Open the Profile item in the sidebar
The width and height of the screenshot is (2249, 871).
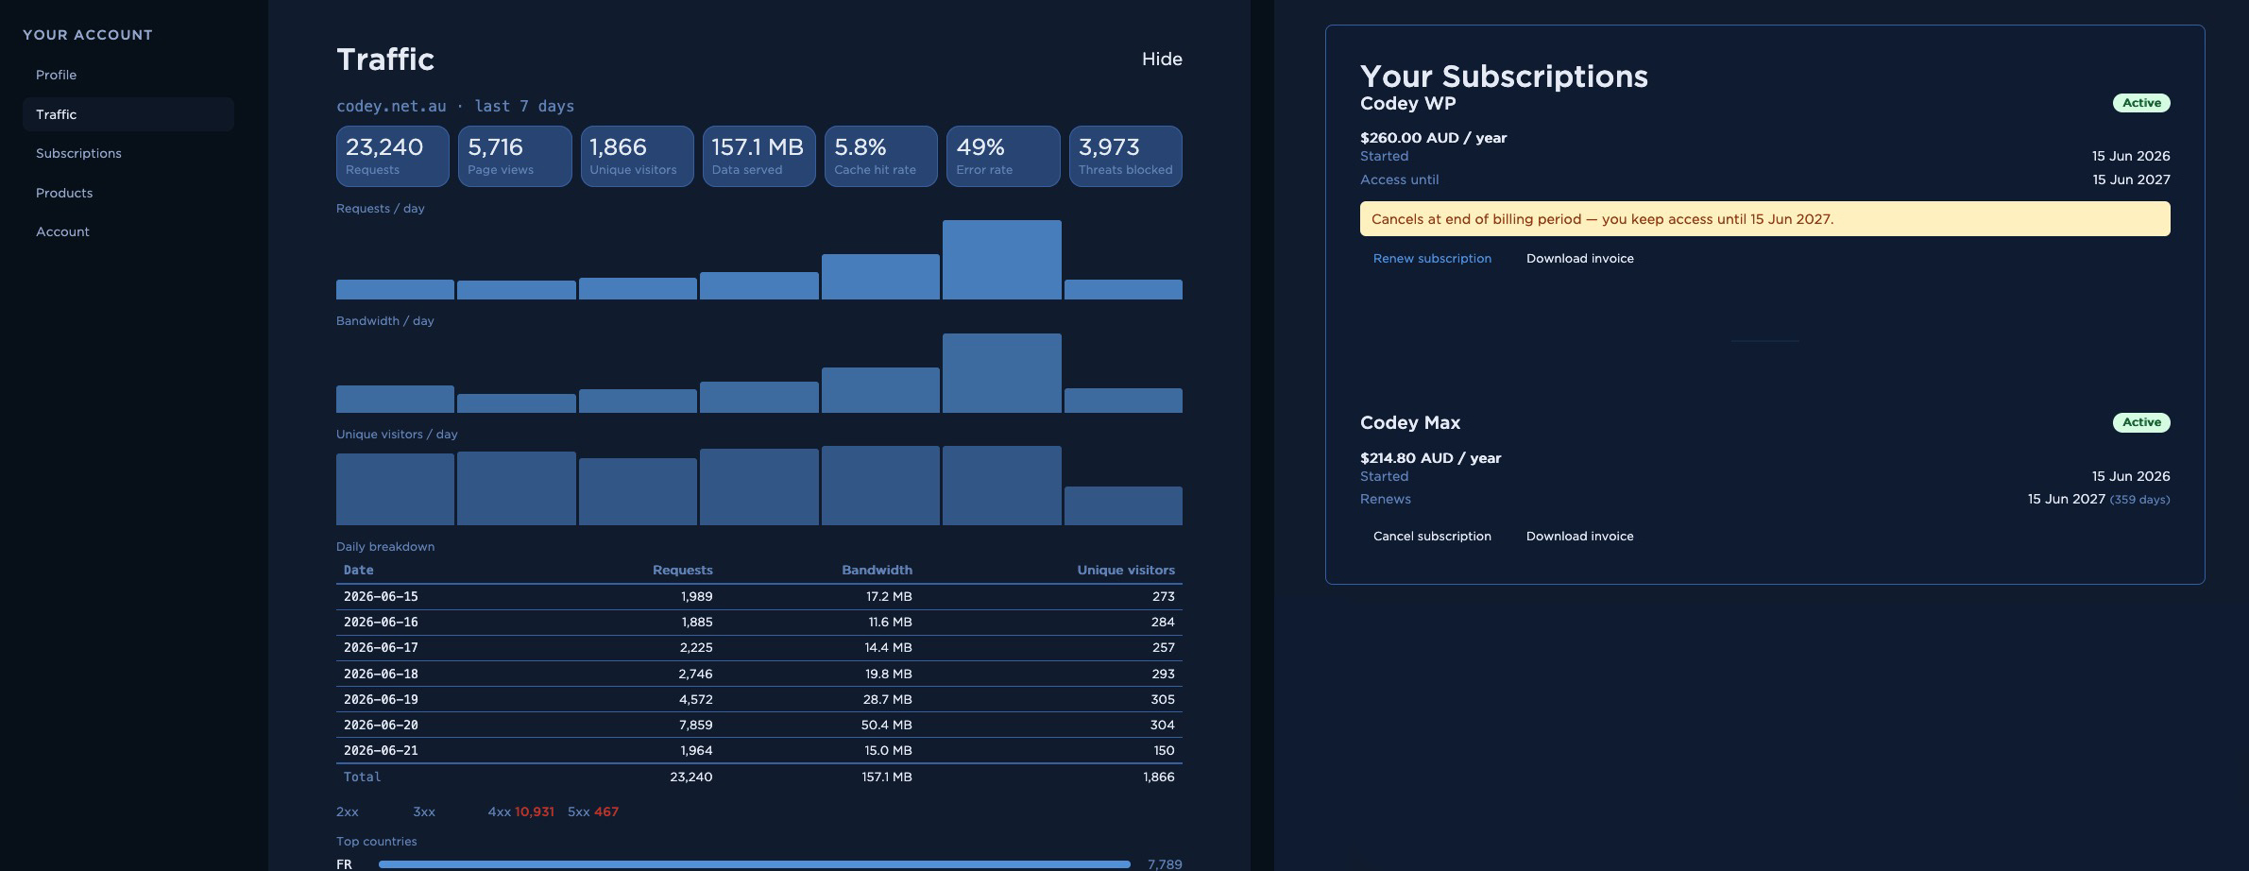57,75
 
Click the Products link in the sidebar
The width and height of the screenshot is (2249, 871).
64,193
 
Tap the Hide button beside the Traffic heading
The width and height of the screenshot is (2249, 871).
1162,59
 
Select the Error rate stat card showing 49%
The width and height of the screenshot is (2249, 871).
1003,156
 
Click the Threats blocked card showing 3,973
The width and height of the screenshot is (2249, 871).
1125,156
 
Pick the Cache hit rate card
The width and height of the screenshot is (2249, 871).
881,156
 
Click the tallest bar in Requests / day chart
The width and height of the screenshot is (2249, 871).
1002,260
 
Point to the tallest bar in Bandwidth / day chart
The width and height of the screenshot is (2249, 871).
1002,373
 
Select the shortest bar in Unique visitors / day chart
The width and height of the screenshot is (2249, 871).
1123,505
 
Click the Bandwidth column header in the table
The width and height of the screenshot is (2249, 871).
877,570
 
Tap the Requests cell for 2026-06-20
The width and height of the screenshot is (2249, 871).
695,725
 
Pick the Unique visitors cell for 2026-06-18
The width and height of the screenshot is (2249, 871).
1163,674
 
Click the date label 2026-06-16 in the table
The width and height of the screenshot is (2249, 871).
381,622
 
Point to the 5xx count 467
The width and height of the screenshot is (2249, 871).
606,811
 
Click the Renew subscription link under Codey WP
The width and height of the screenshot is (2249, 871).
1432,258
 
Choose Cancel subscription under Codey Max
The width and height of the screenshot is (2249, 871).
1432,536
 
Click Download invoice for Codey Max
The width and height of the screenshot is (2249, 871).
1580,536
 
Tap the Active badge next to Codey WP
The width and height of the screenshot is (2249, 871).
2141,103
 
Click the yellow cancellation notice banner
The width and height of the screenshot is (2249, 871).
1764,218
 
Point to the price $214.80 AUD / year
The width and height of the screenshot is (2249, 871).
1430,457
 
